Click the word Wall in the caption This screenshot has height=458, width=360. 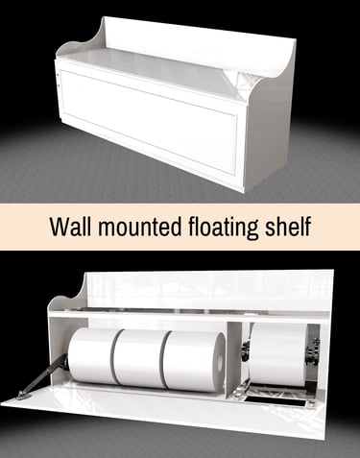pos(70,227)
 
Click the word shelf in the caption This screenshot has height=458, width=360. pos(287,226)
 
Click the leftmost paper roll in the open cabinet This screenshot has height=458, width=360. pos(93,356)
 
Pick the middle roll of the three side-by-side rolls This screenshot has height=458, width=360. pos(141,359)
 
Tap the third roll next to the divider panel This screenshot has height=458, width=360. pos(195,362)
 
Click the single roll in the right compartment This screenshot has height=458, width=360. pos(277,355)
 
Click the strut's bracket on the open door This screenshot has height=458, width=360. pos(24,396)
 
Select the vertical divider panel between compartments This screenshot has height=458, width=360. pos(234,360)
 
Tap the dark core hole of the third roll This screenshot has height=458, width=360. pos(219,361)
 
